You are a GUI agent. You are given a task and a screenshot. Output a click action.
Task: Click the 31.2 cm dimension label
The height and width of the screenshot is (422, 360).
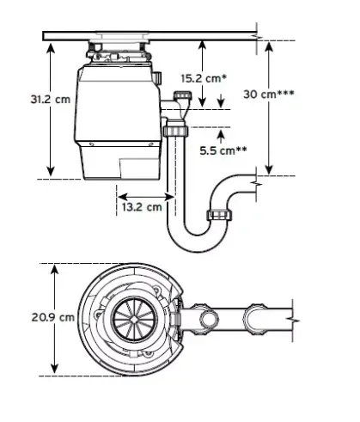pyautogui.click(x=51, y=100)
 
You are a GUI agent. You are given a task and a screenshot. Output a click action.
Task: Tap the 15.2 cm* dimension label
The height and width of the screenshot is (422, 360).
pyautogui.click(x=204, y=78)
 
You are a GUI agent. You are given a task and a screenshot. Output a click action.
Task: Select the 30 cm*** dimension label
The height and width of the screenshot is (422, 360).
pyautogui.click(x=269, y=94)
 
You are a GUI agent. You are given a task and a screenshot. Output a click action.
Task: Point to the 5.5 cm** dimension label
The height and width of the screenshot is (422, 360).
pyautogui.click(x=223, y=150)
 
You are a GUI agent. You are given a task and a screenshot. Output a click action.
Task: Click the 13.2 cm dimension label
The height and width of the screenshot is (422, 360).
pyautogui.click(x=142, y=206)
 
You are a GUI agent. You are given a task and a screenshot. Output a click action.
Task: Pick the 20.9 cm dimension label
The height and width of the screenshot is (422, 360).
pyautogui.click(x=53, y=317)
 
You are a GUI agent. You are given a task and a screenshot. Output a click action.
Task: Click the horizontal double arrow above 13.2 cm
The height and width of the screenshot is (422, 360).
pyautogui.click(x=146, y=197)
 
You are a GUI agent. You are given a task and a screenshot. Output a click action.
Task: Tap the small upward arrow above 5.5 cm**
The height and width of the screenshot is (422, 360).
pyautogui.click(x=221, y=137)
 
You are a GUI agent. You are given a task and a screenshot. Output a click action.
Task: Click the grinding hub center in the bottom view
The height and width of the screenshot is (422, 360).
pyautogui.click(x=134, y=319)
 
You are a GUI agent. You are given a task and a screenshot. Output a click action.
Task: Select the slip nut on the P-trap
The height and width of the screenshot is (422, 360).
pyautogui.click(x=219, y=215)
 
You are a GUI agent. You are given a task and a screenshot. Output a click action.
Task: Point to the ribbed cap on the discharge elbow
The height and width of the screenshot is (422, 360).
pyautogui.click(x=182, y=95)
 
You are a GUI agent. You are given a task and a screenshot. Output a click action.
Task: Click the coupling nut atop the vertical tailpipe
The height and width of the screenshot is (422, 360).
pyautogui.click(x=175, y=131)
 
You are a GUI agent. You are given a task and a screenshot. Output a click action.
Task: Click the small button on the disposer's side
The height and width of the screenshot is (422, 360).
pyautogui.click(x=157, y=77)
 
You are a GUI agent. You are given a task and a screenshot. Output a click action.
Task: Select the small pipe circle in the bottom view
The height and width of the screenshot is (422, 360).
pyautogui.click(x=209, y=320)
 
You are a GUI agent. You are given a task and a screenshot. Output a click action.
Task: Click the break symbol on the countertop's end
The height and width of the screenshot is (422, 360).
pyautogui.click(x=259, y=37)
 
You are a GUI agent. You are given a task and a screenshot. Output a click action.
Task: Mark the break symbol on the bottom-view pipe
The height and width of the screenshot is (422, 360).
pyautogui.click(x=295, y=320)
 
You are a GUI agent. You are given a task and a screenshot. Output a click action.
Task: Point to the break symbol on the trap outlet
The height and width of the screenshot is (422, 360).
pyautogui.click(x=258, y=183)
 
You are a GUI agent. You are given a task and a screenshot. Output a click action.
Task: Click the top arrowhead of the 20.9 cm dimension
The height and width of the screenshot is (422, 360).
pyautogui.click(x=54, y=268)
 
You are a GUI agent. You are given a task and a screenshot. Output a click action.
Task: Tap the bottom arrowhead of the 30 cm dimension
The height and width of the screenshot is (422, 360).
pyautogui.click(x=269, y=170)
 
